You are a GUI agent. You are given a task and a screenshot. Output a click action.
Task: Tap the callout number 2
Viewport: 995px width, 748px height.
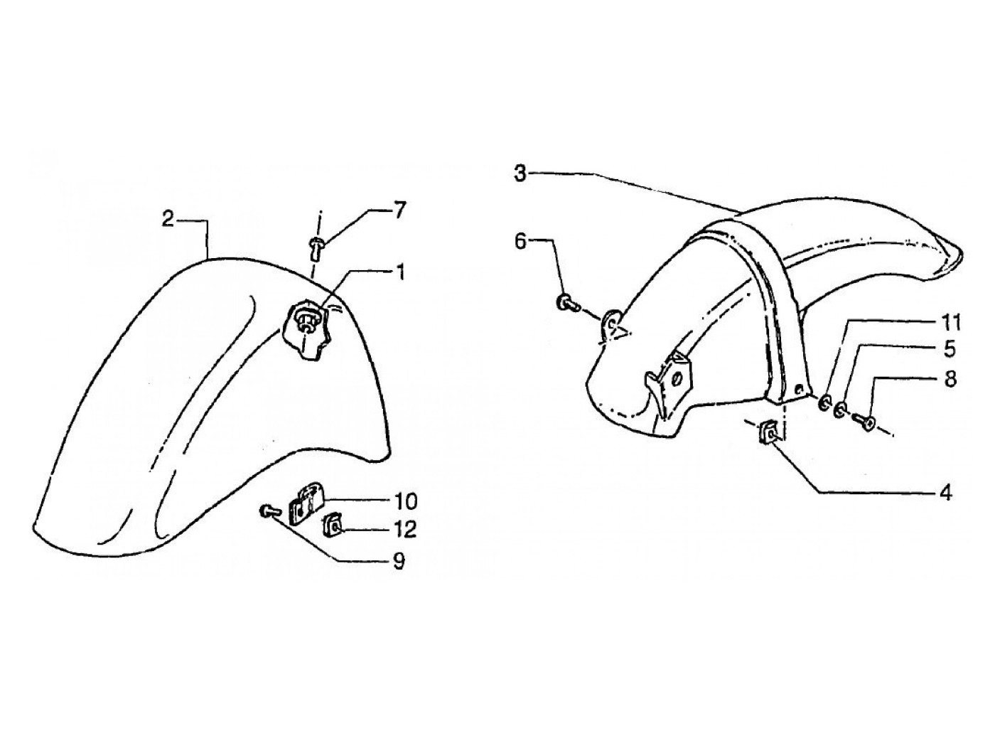[168, 220]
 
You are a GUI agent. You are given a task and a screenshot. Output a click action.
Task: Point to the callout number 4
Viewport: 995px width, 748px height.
[945, 493]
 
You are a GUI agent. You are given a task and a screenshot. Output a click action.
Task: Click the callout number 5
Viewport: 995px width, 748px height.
[950, 350]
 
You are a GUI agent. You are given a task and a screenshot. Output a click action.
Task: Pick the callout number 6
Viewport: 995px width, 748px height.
[520, 242]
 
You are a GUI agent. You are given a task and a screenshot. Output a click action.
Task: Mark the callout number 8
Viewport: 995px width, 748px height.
[950, 378]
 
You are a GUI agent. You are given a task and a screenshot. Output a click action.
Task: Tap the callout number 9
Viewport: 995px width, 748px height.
[399, 562]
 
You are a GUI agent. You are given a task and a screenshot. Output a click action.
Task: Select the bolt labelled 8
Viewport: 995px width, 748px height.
[868, 422]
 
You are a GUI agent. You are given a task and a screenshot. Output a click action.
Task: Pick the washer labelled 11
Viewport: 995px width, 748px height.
[824, 403]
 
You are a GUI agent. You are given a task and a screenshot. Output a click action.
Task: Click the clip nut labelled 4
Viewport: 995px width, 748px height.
[770, 432]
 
